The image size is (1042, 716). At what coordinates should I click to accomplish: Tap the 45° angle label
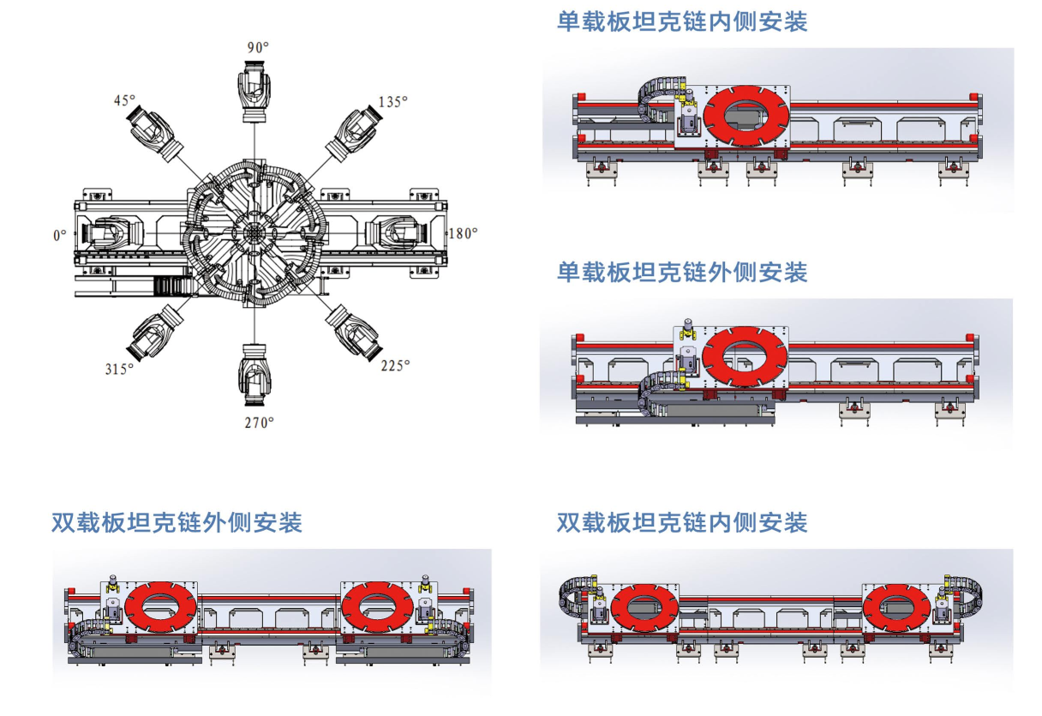[124, 100]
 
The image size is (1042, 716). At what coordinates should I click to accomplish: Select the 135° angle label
[393, 102]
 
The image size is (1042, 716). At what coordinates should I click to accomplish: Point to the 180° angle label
[463, 233]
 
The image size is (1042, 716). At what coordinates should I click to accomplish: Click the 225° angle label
[395, 365]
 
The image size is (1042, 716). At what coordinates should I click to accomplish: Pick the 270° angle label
[259, 422]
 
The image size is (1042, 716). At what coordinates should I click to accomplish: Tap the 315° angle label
[119, 369]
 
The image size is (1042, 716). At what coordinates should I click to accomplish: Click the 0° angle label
[59, 234]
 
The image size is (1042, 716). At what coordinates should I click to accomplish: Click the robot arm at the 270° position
[255, 375]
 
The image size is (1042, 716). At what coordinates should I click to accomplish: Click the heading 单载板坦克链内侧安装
[682, 21]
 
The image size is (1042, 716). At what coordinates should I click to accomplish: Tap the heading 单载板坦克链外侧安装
[682, 273]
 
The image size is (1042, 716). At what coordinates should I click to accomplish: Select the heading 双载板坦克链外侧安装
[177, 522]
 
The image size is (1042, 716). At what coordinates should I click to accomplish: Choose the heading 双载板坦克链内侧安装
[682, 522]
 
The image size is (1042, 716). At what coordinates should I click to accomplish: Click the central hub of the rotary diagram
[255, 232]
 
